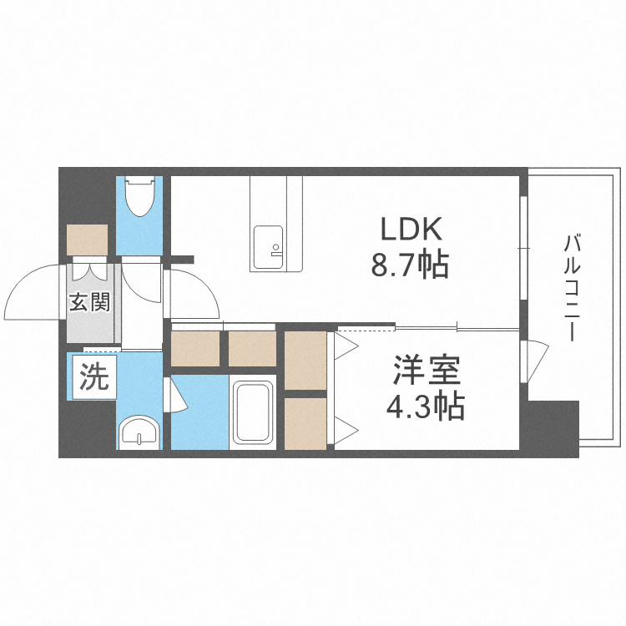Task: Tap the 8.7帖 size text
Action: click(411, 265)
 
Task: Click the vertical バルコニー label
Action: click(573, 289)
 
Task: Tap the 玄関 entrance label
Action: click(89, 302)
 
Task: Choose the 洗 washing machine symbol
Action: click(93, 379)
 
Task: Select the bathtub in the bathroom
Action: click(254, 412)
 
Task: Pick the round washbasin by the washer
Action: click(138, 432)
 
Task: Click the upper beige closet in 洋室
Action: click(305, 361)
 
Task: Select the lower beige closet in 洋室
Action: click(305, 423)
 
